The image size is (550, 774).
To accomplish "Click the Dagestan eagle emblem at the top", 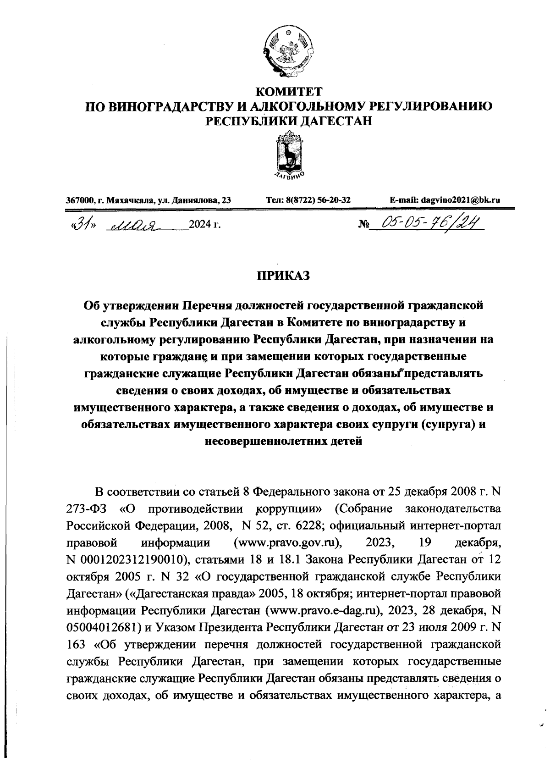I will tap(289, 50).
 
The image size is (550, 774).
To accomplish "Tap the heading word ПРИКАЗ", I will tap(283, 276).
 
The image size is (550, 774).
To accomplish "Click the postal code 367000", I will tap(79, 200).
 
